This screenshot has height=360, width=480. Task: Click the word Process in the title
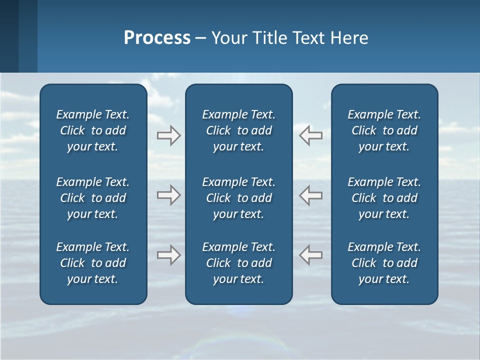(157, 38)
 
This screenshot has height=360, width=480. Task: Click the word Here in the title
(349, 38)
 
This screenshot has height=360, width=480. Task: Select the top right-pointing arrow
(168, 135)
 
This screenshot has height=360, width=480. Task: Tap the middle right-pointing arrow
(168, 195)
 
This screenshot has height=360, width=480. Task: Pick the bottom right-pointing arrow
(168, 255)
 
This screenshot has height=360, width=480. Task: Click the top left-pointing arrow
(310, 135)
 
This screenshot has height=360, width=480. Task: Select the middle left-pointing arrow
(310, 195)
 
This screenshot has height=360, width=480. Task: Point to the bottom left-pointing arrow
(310, 255)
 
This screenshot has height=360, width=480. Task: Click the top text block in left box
(93, 130)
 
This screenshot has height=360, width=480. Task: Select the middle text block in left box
(93, 198)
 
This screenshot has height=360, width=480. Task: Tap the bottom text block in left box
(93, 263)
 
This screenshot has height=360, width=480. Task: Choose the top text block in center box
(239, 130)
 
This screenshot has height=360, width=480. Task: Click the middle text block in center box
(239, 198)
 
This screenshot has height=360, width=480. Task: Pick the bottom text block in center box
(239, 263)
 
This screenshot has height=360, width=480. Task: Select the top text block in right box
(384, 130)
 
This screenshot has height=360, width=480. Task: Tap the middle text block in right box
(384, 198)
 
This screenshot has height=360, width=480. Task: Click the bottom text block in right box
(384, 263)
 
